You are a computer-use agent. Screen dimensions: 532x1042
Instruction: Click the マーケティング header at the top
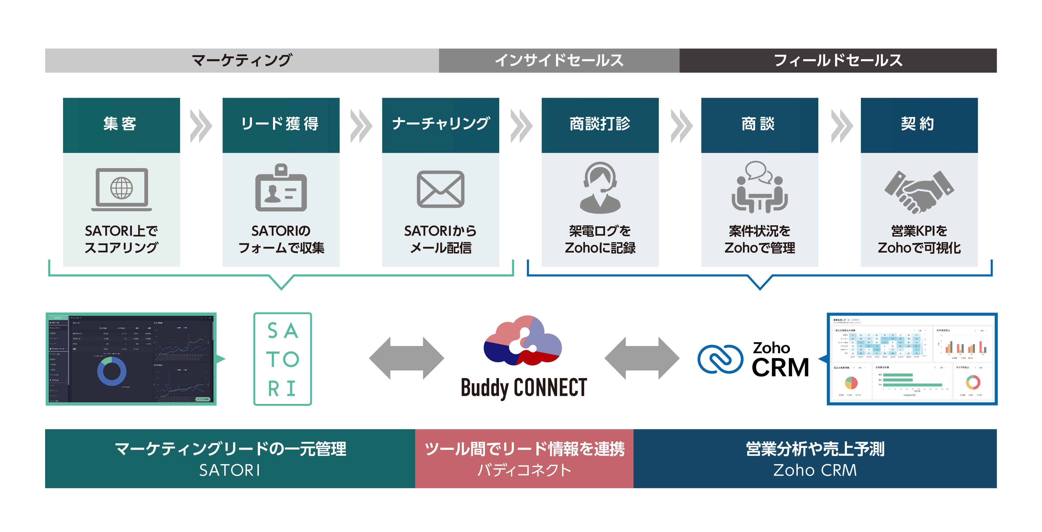[x=242, y=61]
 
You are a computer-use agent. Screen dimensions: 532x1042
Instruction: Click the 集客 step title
[x=120, y=124]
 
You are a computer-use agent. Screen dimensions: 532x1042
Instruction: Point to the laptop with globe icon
[x=121, y=190]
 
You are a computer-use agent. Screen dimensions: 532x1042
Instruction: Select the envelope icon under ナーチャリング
[x=441, y=189]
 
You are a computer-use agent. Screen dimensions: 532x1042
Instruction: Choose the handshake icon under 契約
[x=919, y=191]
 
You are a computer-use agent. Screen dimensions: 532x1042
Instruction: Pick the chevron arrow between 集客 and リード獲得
[x=201, y=126]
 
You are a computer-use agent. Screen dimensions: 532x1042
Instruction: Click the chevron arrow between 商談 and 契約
[x=842, y=126]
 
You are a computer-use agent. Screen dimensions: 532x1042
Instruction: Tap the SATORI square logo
[x=282, y=359]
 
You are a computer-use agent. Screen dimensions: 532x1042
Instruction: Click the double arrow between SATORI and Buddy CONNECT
[x=407, y=358]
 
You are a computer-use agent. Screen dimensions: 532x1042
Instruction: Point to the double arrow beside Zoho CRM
[x=642, y=358]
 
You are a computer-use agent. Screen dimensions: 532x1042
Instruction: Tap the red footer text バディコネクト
[x=524, y=470]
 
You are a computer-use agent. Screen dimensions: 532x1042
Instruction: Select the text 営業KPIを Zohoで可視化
[x=919, y=239]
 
